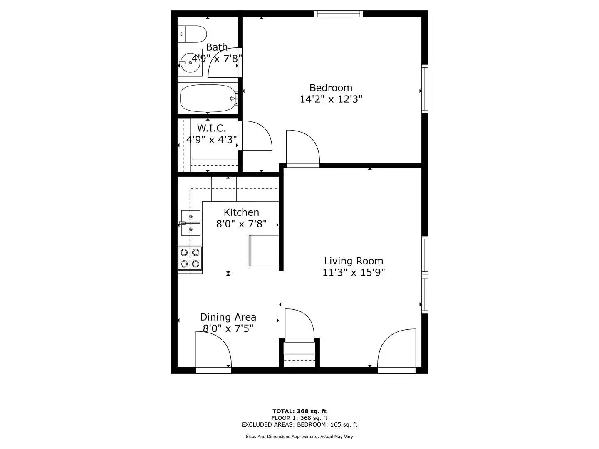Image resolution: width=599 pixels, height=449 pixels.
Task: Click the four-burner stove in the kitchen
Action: point(190,258)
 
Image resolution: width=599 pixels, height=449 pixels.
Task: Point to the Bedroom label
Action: point(331,88)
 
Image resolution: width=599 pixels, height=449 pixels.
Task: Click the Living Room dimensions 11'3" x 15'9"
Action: point(354,273)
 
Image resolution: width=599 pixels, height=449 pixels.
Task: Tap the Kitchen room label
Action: point(241,212)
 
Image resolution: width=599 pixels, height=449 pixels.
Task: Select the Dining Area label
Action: point(228,317)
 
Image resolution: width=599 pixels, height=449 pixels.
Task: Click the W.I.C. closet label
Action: point(211,128)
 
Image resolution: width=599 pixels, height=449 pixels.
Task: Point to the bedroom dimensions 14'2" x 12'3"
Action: point(331,99)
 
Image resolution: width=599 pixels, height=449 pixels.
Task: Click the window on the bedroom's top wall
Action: point(338,14)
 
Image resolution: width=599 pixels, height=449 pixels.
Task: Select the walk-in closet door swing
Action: point(256,136)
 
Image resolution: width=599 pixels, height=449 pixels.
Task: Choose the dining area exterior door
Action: point(213,351)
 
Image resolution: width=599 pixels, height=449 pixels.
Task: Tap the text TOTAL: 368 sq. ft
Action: point(299,412)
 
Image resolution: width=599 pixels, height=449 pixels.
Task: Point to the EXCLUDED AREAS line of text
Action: point(299,425)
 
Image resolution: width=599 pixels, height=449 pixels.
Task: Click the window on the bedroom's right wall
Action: point(425,89)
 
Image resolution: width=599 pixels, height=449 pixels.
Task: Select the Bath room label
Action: point(217,47)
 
